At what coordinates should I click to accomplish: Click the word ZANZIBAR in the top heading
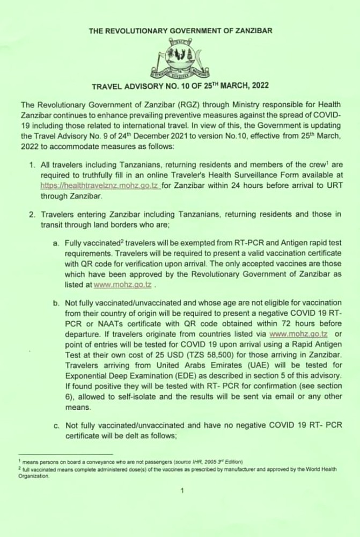coord(253,31)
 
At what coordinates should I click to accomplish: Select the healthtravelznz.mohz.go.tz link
coord(99,185)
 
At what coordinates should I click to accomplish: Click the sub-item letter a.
coord(56,244)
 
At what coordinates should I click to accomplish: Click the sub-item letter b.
coord(56,303)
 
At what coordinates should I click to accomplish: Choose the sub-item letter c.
coord(56,425)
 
